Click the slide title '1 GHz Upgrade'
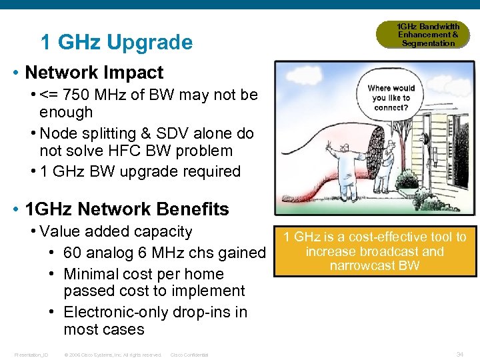click(x=117, y=43)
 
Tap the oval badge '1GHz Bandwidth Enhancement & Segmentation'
click(x=428, y=35)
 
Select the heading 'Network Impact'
click(x=93, y=72)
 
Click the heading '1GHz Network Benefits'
click(x=126, y=209)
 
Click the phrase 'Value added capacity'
click(x=115, y=232)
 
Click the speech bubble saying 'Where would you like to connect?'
click(x=391, y=97)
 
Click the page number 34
click(x=459, y=354)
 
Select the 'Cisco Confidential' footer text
click(x=189, y=355)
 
